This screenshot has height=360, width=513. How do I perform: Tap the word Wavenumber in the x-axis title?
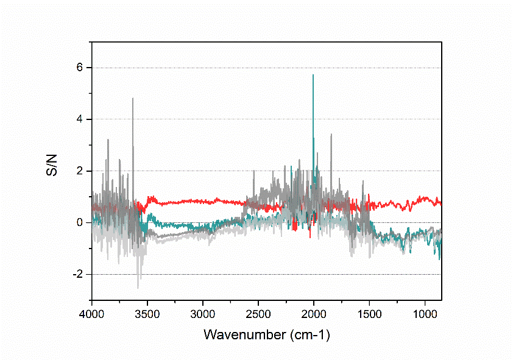[x=238, y=334]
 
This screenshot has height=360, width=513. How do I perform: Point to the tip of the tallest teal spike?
[x=313, y=74]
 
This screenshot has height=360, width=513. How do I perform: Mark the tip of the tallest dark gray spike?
[x=133, y=98]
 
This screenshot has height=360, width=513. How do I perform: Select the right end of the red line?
[x=441, y=203]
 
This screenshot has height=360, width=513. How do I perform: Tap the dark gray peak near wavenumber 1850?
[x=331, y=134]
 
